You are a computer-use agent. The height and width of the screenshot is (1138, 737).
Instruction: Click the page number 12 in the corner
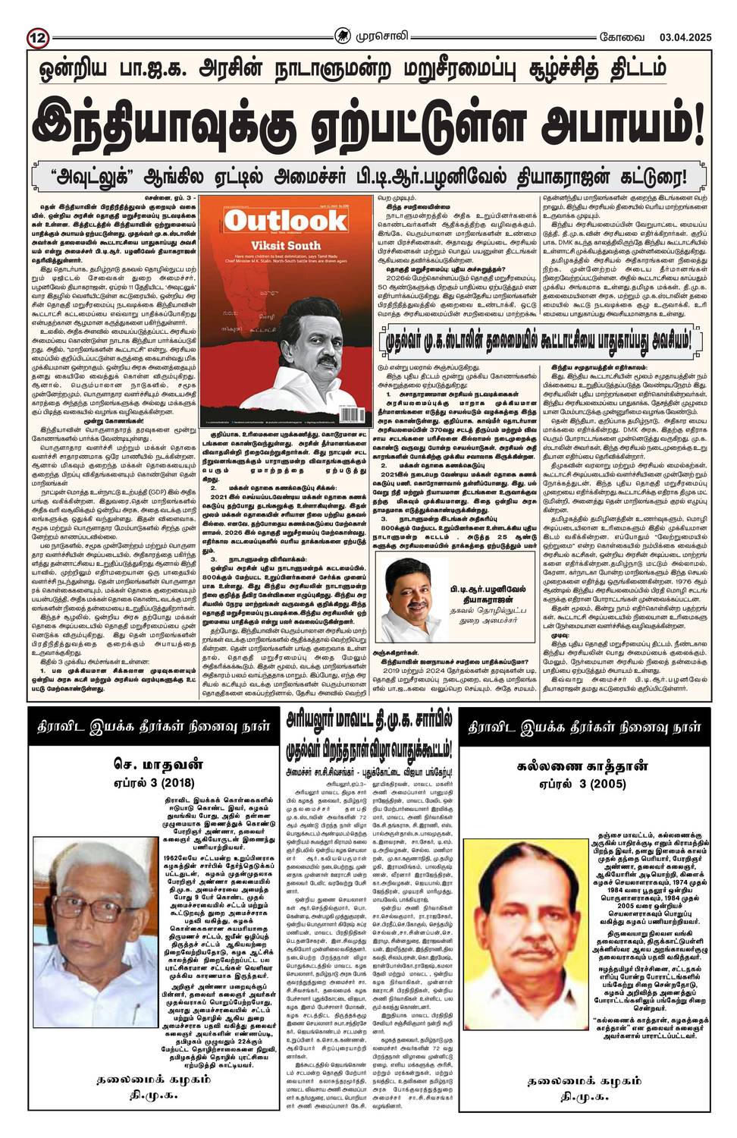point(36,17)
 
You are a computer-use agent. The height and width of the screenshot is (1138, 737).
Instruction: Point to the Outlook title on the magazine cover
point(284,221)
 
